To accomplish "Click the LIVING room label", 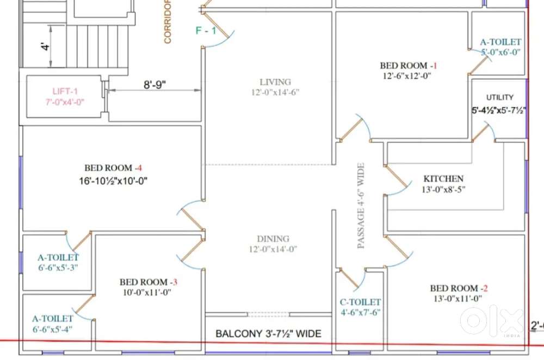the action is pos(275,82).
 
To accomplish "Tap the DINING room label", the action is pos(273,239).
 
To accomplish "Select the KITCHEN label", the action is pos(443,178).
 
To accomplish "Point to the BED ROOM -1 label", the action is pos(409,66).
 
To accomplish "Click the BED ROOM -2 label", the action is pos(459,288).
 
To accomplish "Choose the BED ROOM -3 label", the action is pos(149,282).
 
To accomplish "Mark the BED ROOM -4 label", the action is pos(113,168).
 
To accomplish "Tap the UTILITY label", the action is pos(499,97).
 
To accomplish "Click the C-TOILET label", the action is pos(360,302).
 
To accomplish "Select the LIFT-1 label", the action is pos(65,91).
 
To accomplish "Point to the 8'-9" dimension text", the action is pos(154,84).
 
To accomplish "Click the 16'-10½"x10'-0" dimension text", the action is pos(114,181).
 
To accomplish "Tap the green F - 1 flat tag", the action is pos(206,30).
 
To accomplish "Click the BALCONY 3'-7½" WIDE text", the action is pos(269,334).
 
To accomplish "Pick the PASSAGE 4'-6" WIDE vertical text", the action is pos(361,206).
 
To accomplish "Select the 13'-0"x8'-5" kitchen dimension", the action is pos(443,189).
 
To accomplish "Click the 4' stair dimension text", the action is pos(45,46).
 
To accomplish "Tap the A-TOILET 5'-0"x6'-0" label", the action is pos(500,47).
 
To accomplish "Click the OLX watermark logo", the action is pos(492,320).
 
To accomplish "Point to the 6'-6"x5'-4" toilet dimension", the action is pos(53,329).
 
